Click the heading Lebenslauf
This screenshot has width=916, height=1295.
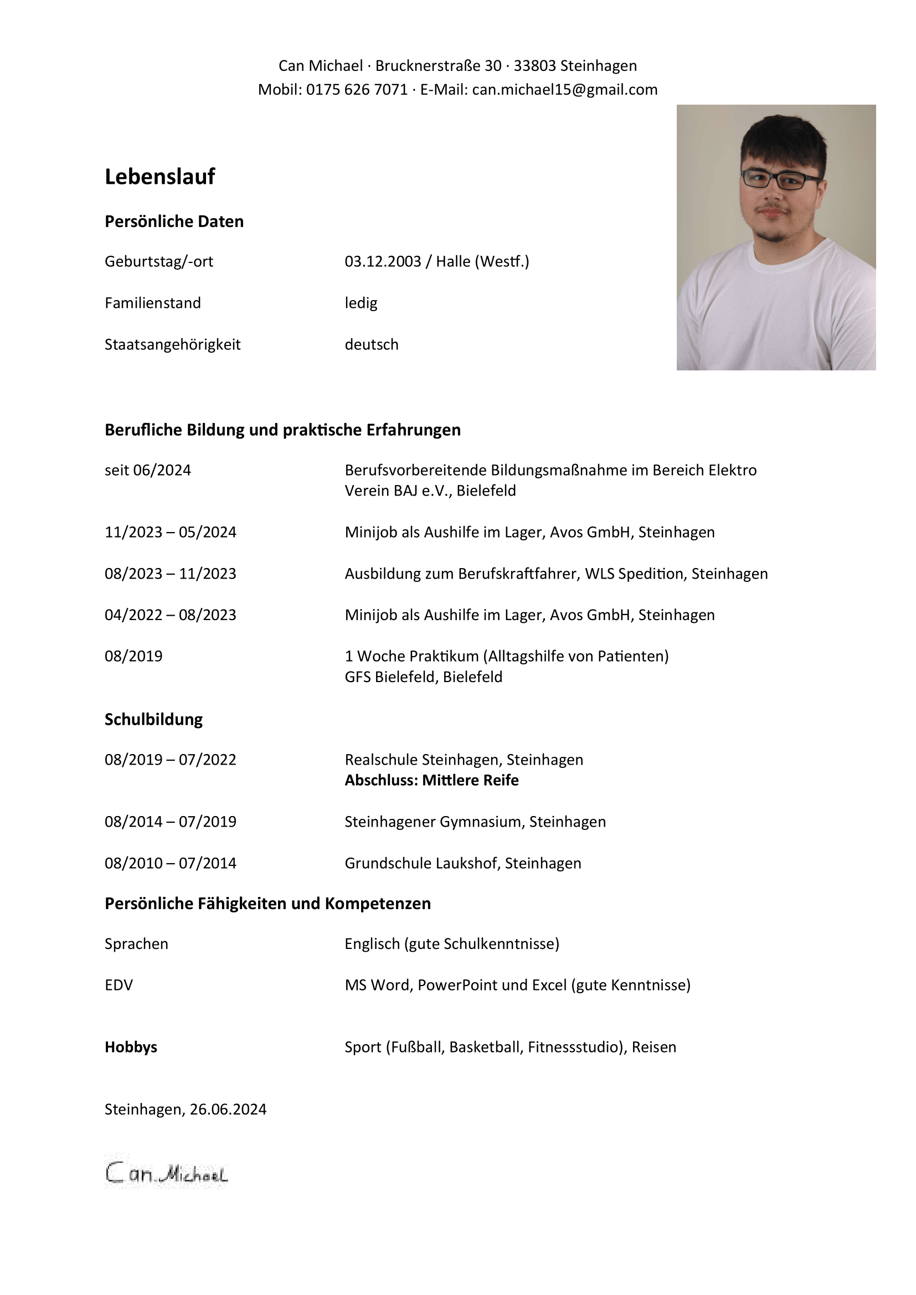[x=159, y=177]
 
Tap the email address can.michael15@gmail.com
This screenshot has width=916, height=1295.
[x=564, y=90]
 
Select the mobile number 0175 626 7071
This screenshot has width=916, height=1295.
[x=357, y=90]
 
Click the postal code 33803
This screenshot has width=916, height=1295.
[x=535, y=66]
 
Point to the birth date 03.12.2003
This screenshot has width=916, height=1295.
[x=383, y=262]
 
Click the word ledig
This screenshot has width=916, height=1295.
[x=361, y=303]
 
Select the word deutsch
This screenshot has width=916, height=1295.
[x=371, y=344]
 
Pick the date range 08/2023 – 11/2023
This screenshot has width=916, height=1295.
[x=171, y=574]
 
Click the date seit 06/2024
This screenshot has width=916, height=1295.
[x=148, y=471]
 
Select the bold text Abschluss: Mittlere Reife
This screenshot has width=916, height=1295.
[x=431, y=781]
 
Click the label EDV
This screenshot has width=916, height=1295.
[x=119, y=986]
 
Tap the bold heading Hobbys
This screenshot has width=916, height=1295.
[x=131, y=1048]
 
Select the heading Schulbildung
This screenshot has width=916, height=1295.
[x=153, y=720]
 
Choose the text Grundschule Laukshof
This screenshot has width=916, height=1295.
[x=421, y=864]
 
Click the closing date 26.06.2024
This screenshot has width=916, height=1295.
[x=228, y=1110]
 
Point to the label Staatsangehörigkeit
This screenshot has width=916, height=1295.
[x=173, y=344]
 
